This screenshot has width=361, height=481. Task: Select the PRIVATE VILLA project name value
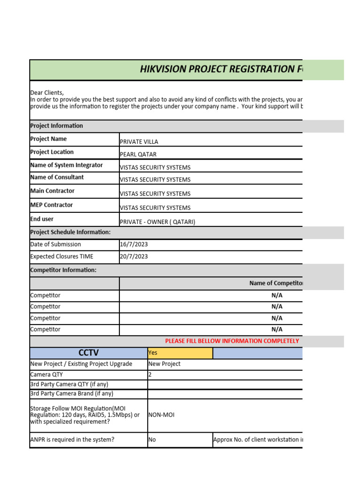[x=139, y=142]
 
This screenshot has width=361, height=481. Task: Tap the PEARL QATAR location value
[x=138, y=155]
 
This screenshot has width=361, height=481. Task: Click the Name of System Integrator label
[x=66, y=165]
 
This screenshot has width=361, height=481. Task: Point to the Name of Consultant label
[x=57, y=177]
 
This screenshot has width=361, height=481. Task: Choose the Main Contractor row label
[x=52, y=191]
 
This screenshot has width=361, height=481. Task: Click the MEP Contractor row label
[x=52, y=205]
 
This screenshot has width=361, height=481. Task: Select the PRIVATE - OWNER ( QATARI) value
[x=157, y=222]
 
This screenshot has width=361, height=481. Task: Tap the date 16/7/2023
[x=134, y=244]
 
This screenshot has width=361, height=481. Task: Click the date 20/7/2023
[x=134, y=256]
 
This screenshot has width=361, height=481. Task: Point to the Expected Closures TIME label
[x=62, y=256]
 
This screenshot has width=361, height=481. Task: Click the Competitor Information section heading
[x=63, y=270]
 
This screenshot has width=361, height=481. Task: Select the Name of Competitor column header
[x=276, y=283]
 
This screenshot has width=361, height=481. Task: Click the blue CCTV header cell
[x=88, y=353]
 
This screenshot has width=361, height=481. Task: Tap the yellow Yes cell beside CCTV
[x=180, y=353]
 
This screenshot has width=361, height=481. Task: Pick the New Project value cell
[x=165, y=364]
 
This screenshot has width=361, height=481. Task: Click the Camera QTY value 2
[x=150, y=375]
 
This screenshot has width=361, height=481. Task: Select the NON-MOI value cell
[x=161, y=415]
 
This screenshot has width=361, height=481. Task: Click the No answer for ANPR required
[x=152, y=440]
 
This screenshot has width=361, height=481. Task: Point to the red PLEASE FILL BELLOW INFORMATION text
[x=232, y=341]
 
